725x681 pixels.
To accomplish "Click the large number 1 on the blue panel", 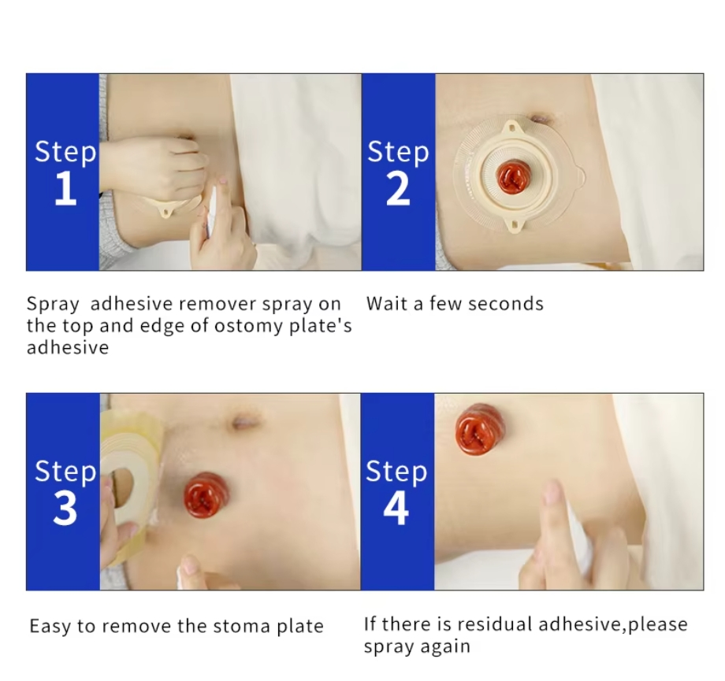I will tap(65, 190).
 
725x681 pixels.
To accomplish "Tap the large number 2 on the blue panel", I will tap(398, 190).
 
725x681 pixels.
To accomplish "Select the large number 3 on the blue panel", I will tap(65, 509).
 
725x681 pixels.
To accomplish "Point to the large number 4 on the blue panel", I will tap(396, 509).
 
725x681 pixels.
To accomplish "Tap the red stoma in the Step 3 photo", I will tap(206, 494).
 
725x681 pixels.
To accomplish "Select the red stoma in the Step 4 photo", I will tap(479, 428).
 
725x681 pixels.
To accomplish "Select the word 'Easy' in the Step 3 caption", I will tap(50, 627).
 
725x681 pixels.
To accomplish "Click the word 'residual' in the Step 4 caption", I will tap(494, 624).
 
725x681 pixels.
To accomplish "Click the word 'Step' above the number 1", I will tap(65, 151).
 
